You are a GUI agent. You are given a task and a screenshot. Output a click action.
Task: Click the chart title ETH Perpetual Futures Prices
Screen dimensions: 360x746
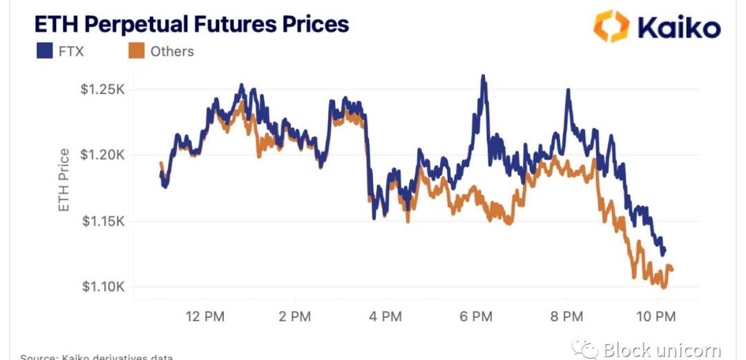pyautogui.click(x=192, y=24)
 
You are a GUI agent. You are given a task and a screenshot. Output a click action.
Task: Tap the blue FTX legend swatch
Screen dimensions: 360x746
pyautogui.click(x=44, y=50)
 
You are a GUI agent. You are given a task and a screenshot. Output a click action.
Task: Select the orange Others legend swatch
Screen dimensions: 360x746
pyautogui.click(x=136, y=50)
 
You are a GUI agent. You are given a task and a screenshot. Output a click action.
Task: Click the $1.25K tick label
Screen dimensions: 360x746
pyautogui.click(x=103, y=89)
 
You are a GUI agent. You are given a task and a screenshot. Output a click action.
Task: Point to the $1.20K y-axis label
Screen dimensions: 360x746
pyautogui.click(x=103, y=155)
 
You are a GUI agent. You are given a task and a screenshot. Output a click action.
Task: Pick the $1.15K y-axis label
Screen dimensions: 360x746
pyautogui.click(x=103, y=221)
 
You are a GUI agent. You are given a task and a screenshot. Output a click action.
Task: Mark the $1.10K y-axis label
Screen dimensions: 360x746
pyautogui.click(x=103, y=287)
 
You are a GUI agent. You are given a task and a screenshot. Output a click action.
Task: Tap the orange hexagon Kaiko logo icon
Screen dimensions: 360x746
pyautogui.click(x=611, y=26)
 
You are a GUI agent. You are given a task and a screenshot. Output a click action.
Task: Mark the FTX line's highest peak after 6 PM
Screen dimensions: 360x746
pyautogui.click(x=484, y=76)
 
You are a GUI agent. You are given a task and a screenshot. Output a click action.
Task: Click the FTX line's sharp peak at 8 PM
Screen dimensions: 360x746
pyautogui.click(x=568, y=91)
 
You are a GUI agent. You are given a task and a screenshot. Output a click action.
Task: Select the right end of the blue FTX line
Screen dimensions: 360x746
pyautogui.click(x=664, y=252)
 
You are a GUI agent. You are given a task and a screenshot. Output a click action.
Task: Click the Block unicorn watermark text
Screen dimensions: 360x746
pyautogui.click(x=661, y=350)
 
